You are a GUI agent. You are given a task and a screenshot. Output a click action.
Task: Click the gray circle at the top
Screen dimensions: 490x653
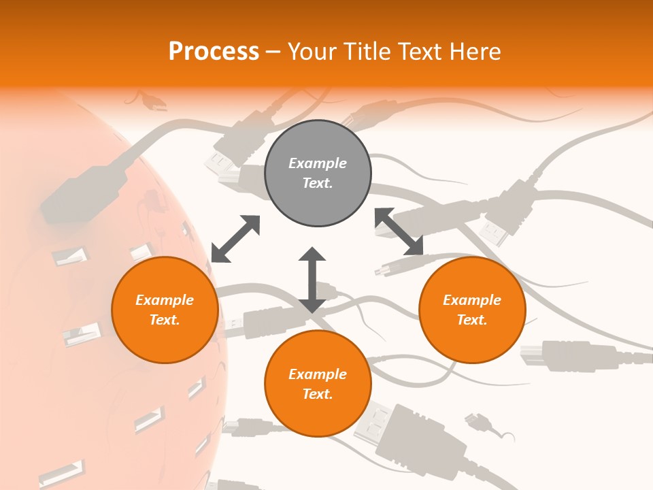pyautogui.click(x=318, y=174)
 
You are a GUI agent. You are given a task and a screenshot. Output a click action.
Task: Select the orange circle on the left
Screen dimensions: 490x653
pyautogui.click(x=165, y=310)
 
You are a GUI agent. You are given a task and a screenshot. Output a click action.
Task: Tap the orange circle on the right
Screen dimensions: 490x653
pyautogui.click(x=471, y=310)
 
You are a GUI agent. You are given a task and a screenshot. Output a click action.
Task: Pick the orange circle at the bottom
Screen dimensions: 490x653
pyautogui.click(x=318, y=384)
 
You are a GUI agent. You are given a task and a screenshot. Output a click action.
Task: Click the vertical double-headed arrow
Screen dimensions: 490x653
pyautogui.click(x=312, y=280)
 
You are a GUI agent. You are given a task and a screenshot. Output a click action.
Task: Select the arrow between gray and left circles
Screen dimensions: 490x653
pyautogui.click(x=235, y=238)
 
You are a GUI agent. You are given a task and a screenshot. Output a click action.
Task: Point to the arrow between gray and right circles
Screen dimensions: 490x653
pyautogui.click(x=399, y=231)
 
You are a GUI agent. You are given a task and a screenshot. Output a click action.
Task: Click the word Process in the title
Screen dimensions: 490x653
pyautogui.click(x=214, y=51)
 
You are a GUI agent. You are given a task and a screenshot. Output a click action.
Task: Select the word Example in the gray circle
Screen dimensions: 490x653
pyautogui.click(x=318, y=163)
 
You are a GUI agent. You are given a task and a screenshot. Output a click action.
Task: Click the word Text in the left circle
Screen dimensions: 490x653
pyautogui.click(x=165, y=320)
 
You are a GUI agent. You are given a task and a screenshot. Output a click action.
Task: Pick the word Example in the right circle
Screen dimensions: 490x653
pyautogui.click(x=471, y=300)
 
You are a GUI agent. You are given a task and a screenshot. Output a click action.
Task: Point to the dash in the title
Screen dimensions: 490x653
pyautogui.click(x=273, y=52)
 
